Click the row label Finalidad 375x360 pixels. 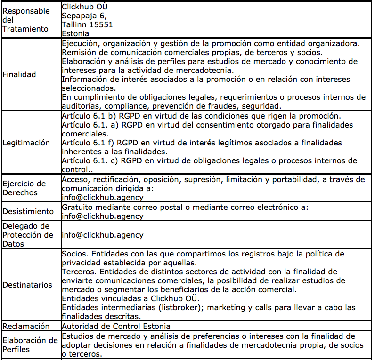(19, 74)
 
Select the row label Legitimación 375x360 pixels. (26, 143)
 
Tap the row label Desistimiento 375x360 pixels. (28, 211)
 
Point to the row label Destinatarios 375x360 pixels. (27, 285)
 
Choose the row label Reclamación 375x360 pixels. (26, 326)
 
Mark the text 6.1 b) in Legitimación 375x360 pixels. (105, 116)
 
